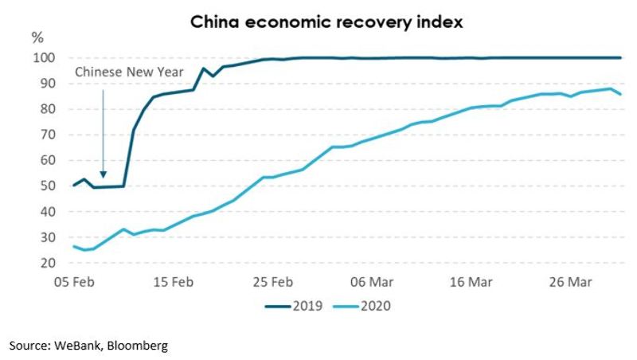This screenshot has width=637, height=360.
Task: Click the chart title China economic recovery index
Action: click(x=326, y=21)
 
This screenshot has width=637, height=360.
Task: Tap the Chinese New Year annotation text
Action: click(x=129, y=72)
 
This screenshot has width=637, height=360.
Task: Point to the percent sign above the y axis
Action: click(x=37, y=37)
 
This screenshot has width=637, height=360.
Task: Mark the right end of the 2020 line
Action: click(x=621, y=95)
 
